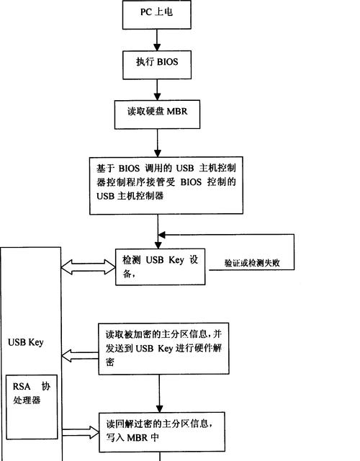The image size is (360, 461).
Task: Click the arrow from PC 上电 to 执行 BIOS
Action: tap(157, 40)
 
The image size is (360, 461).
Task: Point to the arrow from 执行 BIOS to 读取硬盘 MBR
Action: tap(157, 89)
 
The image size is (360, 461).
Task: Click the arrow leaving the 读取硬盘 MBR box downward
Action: tap(158, 143)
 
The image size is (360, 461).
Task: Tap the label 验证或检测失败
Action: tap(252, 263)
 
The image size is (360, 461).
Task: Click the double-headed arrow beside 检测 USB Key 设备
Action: tap(88, 267)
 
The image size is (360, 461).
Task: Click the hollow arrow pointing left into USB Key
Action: tap(80, 355)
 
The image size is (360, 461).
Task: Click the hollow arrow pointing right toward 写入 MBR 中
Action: tap(81, 432)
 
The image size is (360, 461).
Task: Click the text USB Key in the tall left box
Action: tap(26, 342)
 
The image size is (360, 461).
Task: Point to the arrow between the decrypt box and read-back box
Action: tap(159, 393)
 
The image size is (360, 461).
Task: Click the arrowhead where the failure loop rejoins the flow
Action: tap(161, 235)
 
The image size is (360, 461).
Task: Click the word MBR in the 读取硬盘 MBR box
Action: tap(177, 112)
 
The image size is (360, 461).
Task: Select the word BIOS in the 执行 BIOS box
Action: tap(168, 62)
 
